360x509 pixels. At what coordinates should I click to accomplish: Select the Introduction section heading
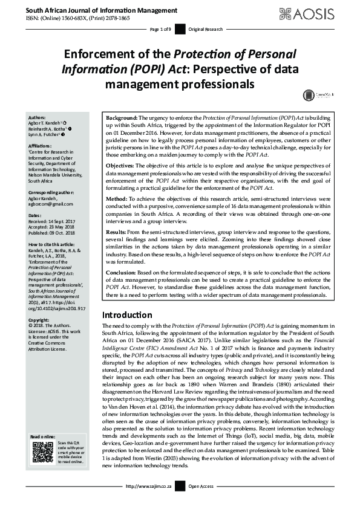click(127, 315)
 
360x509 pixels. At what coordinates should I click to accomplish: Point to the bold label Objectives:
click(123, 165)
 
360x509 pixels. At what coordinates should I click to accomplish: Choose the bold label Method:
click(118, 198)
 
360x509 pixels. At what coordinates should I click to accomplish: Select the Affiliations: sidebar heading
click(41, 146)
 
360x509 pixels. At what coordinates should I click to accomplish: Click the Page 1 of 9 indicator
click(160, 29)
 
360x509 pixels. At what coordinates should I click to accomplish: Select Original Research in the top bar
click(206, 29)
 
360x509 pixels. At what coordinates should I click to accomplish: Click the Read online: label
click(43, 437)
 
